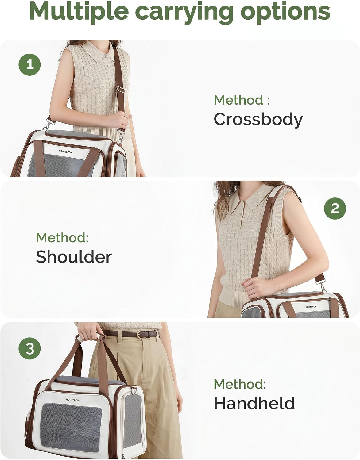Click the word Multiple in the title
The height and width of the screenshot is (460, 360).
pyautogui.click(x=79, y=11)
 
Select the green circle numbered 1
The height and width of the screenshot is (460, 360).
pyautogui.click(x=29, y=65)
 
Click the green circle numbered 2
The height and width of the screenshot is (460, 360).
pyautogui.click(x=335, y=208)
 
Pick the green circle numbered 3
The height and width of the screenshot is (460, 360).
pyautogui.click(x=29, y=348)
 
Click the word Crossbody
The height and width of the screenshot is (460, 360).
pyautogui.click(x=258, y=120)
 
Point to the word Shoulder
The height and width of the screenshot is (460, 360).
pyautogui.click(x=74, y=256)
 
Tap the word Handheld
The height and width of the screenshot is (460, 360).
pyautogui.click(x=254, y=403)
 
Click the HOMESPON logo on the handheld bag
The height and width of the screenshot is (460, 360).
pyautogui.click(x=72, y=400)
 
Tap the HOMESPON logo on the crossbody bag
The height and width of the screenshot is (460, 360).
pyautogui.click(x=65, y=151)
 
